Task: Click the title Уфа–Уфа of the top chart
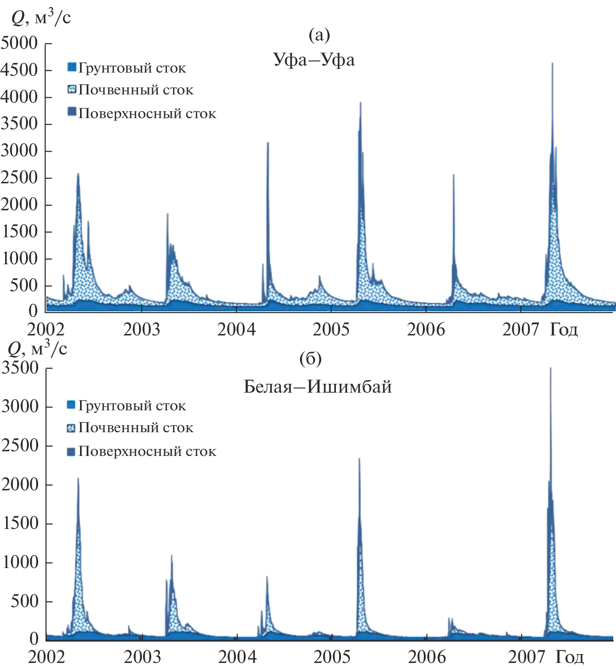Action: [x=314, y=60]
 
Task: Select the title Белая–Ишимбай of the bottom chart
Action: [x=318, y=387]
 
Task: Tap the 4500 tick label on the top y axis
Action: [x=20, y=70]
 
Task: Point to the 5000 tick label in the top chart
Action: [x=20, y=43]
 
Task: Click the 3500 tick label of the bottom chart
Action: [x=20, y=368]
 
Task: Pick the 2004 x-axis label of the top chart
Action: [x=236, y=329]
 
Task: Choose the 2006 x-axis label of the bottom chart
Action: [x=427, y=657]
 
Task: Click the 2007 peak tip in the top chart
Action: [x=552, y=63]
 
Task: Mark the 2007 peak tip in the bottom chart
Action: [x=550, y=368]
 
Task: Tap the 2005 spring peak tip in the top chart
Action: [x=361, y=103]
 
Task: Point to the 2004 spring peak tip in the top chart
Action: [x=268, y=143]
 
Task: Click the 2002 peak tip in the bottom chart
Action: [x=78, y=478]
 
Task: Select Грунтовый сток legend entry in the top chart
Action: [x=132, y=68]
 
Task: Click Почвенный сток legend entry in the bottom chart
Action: [x=135, y=428]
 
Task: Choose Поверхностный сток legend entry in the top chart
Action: [x=147, y=114]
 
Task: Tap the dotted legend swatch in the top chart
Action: [x=72, y=89]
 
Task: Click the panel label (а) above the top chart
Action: [x=319, y=34]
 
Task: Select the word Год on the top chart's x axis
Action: [x=564, y=329]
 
